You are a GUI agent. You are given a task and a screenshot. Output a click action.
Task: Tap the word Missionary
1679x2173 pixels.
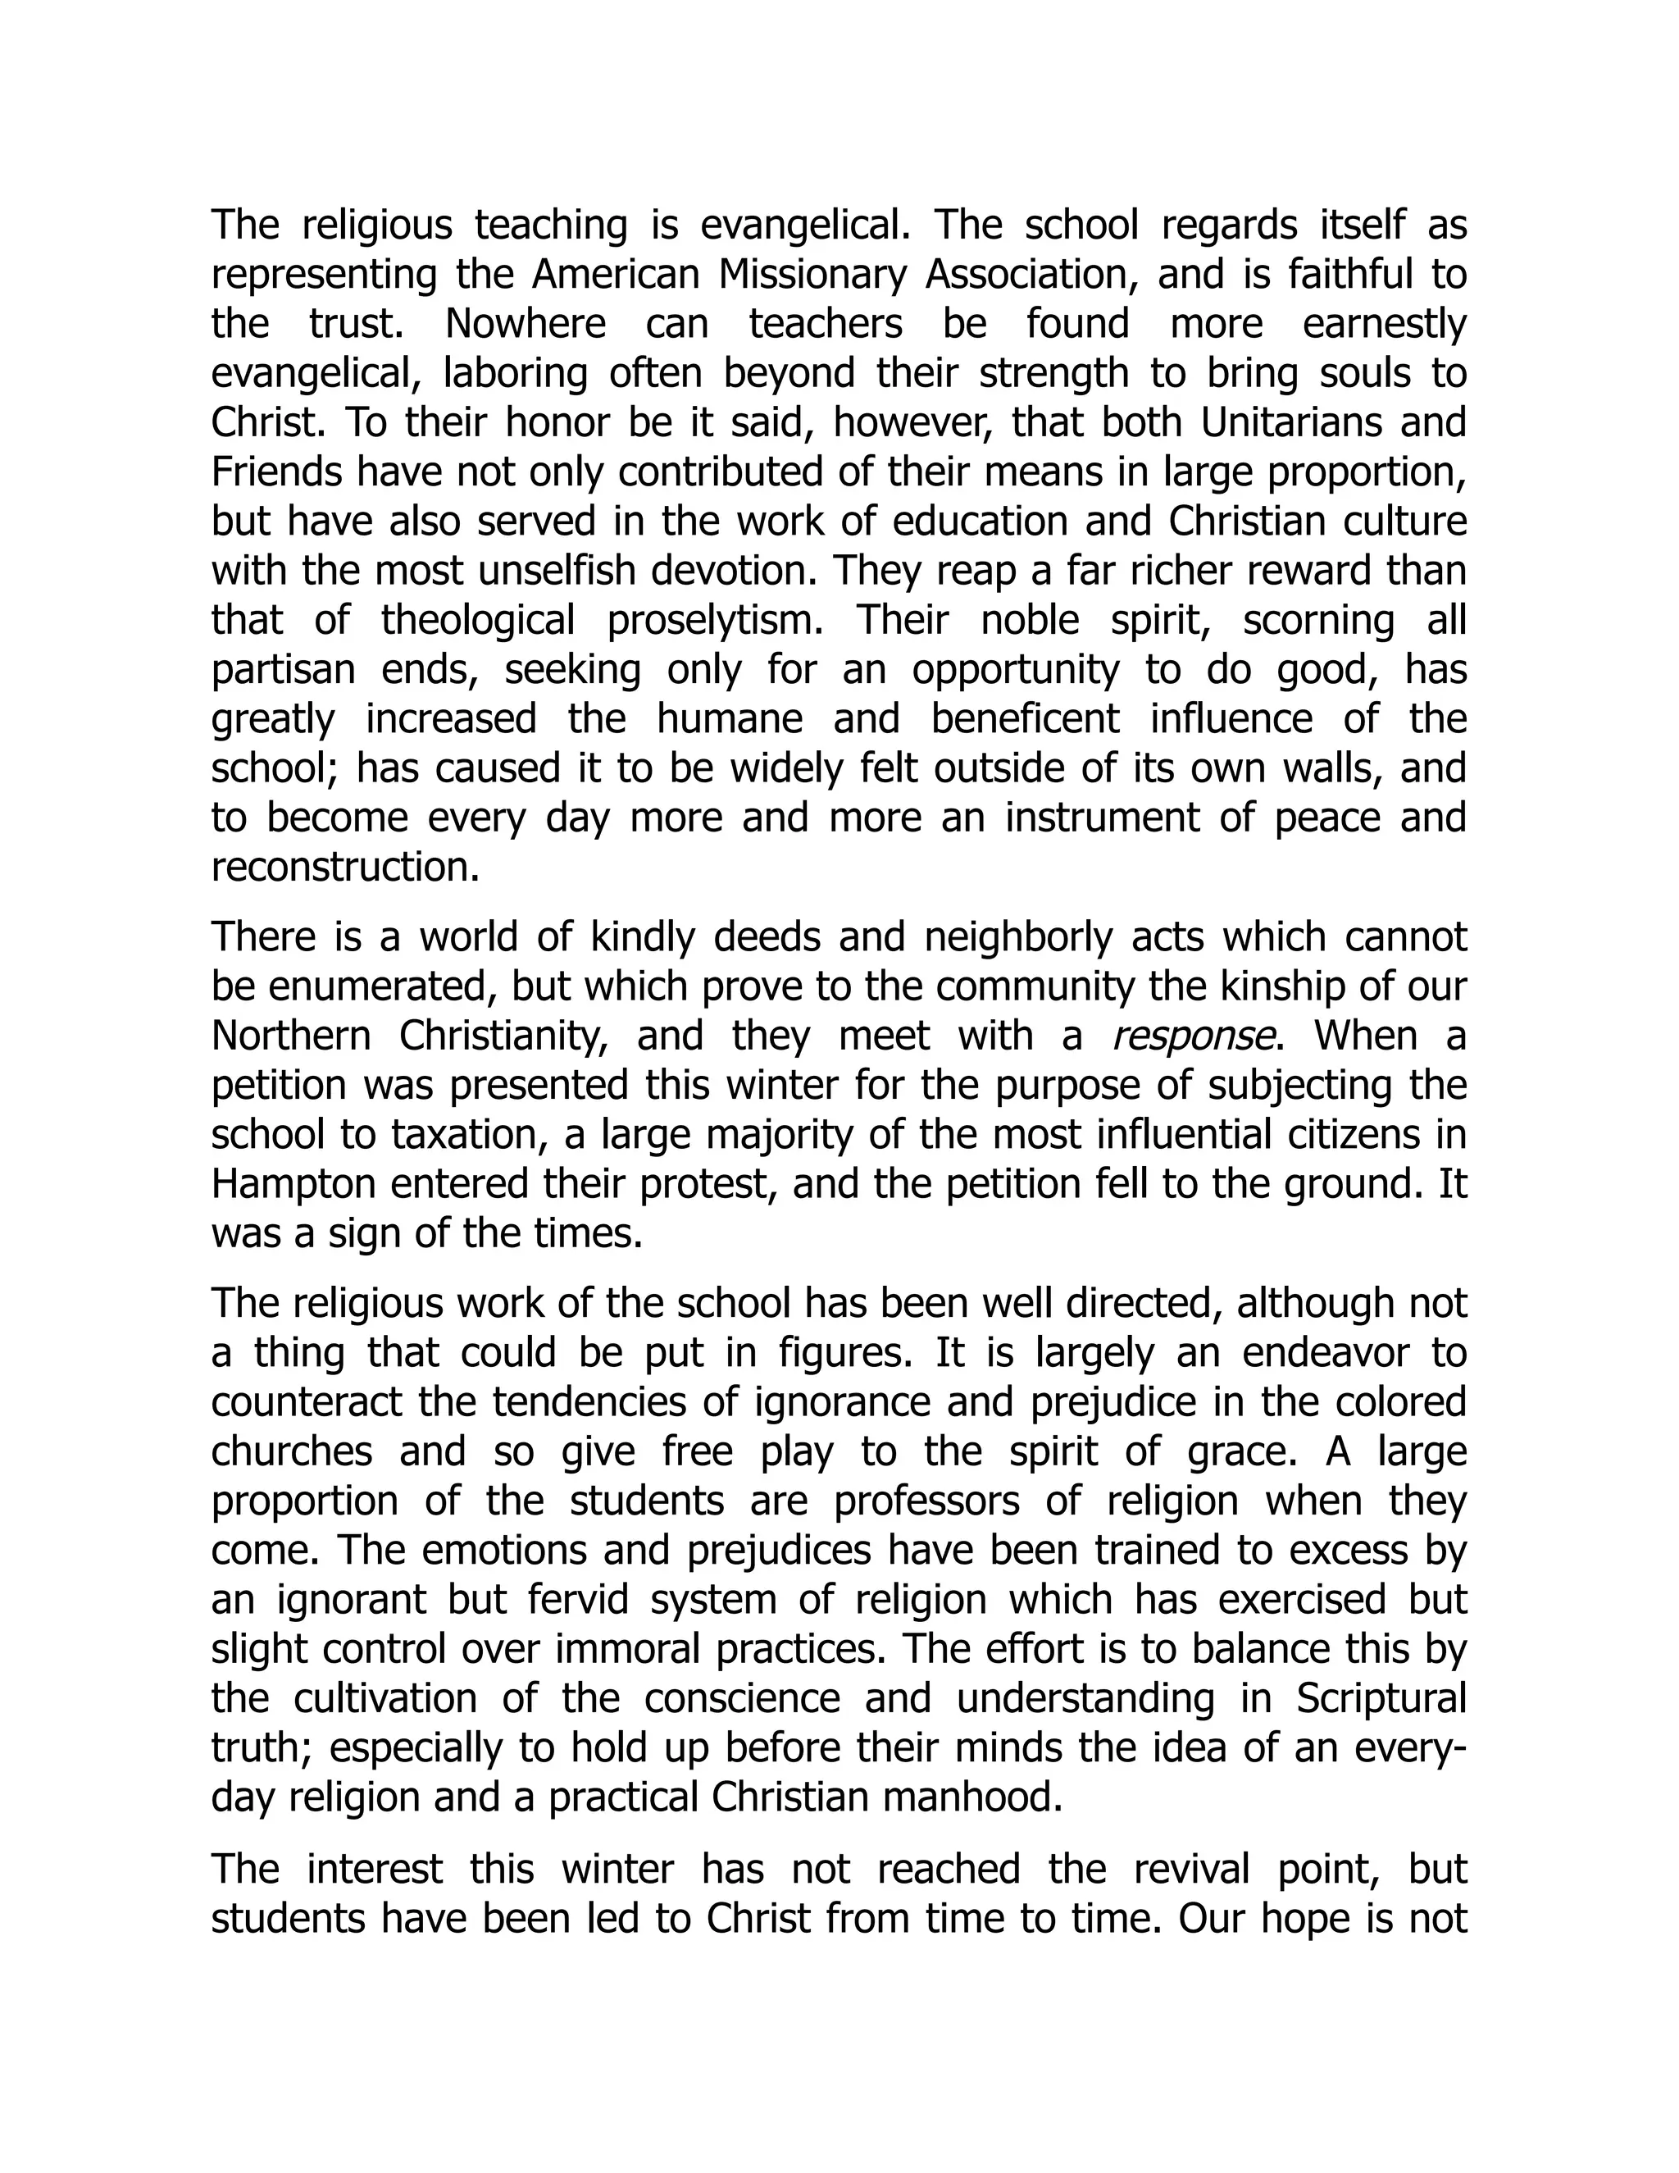coord(812,275)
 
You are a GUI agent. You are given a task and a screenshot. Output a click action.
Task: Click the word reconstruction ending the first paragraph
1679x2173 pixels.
coord(345,868)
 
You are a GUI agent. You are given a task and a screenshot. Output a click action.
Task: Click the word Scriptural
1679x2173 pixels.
coord(1381,1699)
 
